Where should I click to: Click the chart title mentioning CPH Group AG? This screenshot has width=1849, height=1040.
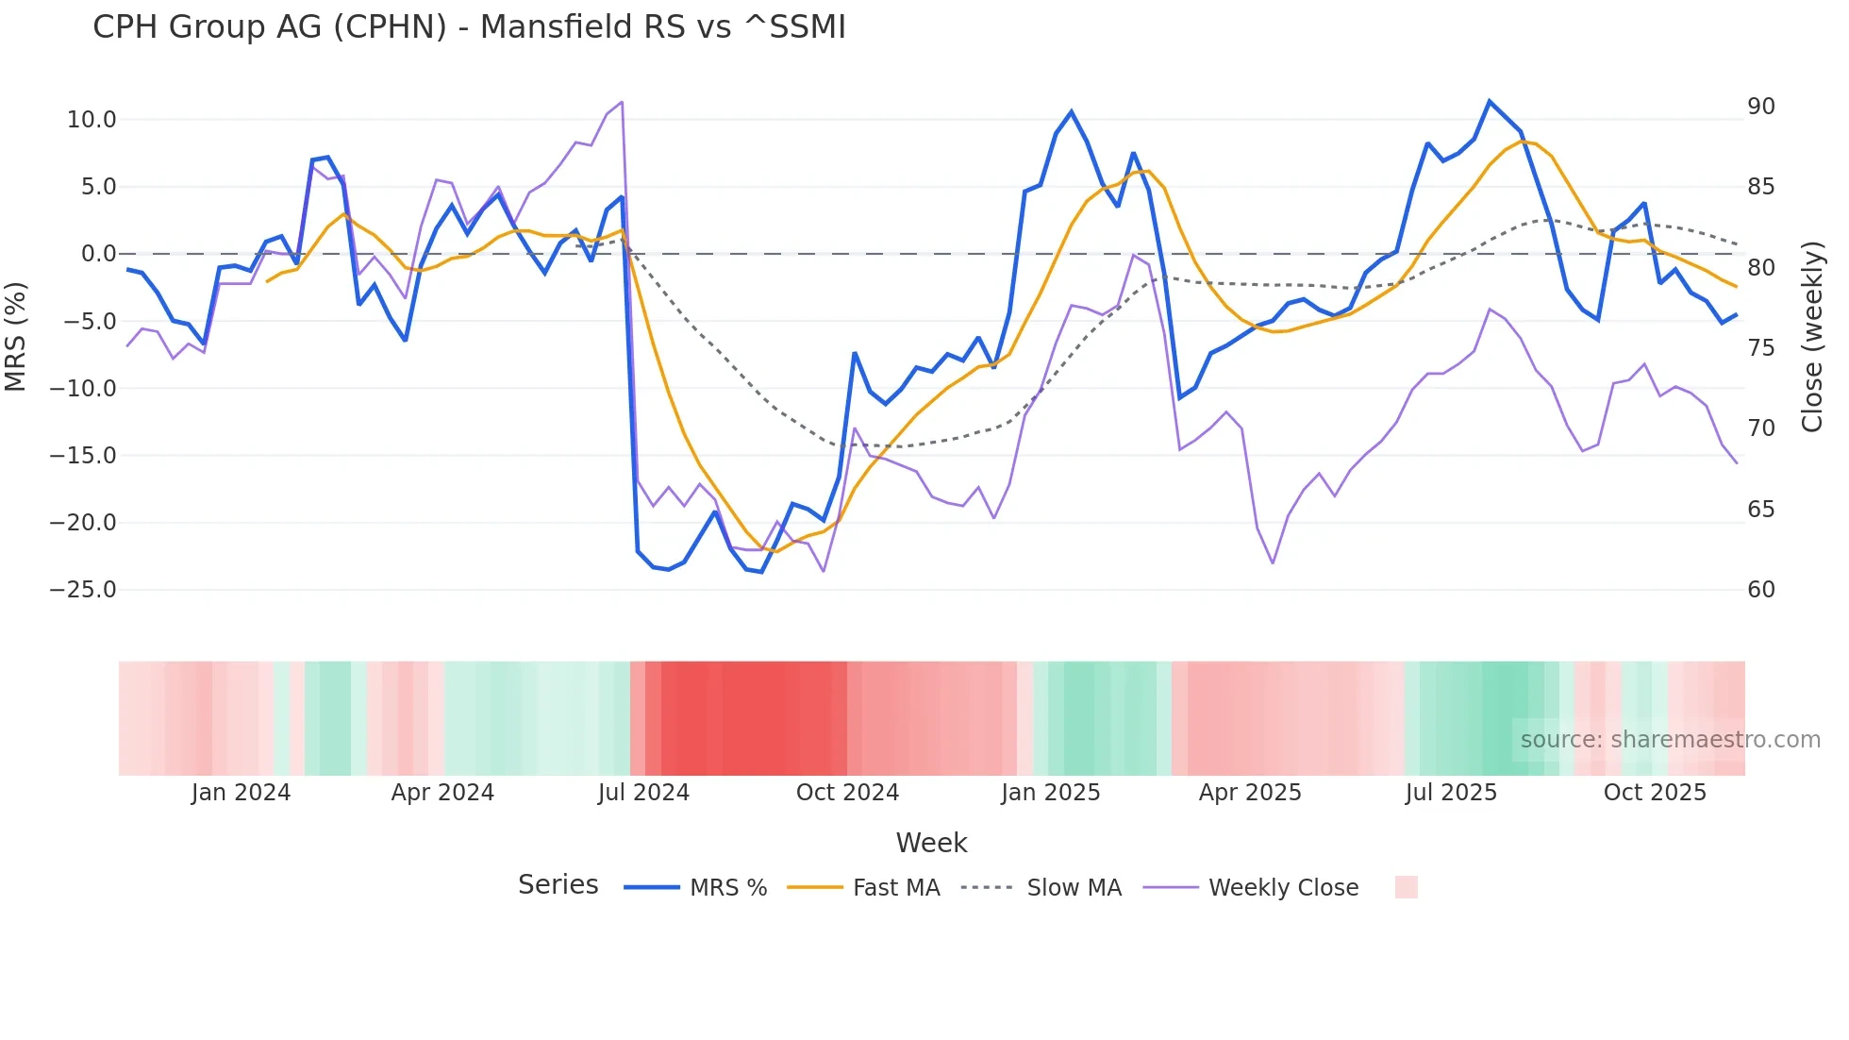469,27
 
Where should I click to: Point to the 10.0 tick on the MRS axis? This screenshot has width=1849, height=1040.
92,120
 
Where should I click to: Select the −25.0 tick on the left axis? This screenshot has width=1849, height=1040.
83,590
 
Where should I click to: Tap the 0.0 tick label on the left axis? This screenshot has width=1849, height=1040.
98,254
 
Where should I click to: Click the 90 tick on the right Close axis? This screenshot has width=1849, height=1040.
1760,107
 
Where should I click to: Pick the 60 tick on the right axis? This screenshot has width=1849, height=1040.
1760,590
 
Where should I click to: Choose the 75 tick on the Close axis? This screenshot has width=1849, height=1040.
1760,348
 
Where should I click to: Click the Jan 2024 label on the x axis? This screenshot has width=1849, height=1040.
241,793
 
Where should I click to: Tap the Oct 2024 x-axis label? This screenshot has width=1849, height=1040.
847,793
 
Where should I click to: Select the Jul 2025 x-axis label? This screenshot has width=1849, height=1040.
1451,793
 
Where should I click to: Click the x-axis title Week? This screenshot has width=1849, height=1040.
931,843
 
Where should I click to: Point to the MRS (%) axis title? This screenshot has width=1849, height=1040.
16,337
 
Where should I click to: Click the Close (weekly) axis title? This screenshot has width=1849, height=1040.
1812,337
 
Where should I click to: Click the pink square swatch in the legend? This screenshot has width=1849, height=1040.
1406,887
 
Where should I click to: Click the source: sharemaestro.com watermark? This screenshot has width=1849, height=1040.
1670,740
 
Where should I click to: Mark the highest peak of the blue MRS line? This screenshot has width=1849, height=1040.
1490,101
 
